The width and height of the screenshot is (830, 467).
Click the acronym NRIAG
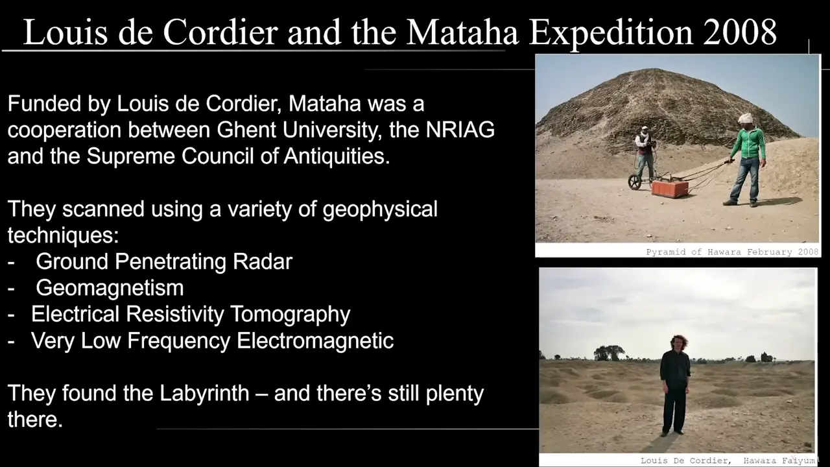click(x=460, y=130)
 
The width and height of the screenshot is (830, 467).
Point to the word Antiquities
click(x=337, y=156)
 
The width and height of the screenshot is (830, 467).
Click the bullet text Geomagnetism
click(x=110, y=287)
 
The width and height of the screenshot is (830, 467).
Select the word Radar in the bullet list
click(x=263, y=261)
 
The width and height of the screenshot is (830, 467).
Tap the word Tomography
click(x=290, y=315)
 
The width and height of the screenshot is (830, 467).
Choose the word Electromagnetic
click(x=315, y=341)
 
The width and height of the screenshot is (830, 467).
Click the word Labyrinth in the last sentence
click(x=204, y=393)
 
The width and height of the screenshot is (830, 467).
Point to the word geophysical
click(x=380, y=210)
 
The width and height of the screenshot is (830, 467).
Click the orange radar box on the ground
click(x=670, y=188)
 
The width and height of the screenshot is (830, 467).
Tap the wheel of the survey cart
click(x=635, y=182)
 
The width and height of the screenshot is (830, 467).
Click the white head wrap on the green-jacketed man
click(x=745, y=119)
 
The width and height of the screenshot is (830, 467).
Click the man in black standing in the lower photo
click(x=675, y=385)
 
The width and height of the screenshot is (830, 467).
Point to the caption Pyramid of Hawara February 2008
click(x=732, y=252)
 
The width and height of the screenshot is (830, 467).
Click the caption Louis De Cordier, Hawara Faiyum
click(x=728, y=461)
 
